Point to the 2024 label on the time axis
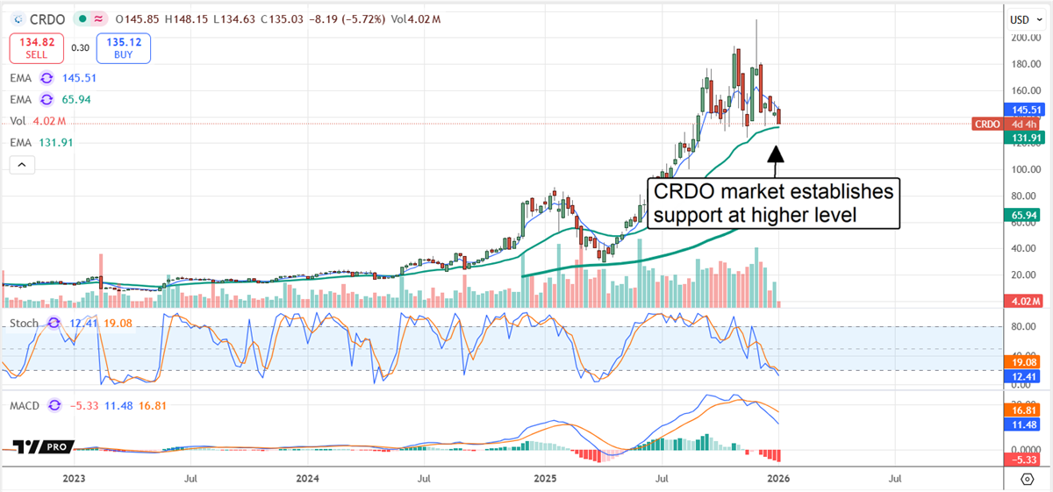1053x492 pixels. click(308, 479)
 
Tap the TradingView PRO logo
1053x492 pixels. click(41, 447)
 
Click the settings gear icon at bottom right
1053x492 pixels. click(1028, 479)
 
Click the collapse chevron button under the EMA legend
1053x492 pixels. click(22, 164)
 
